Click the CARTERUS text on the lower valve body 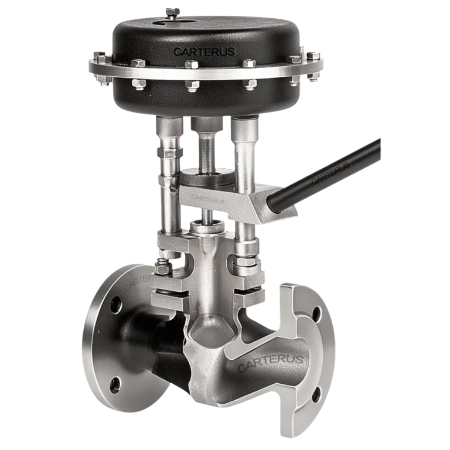tap(270, 363)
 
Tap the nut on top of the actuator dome tap(172, 11)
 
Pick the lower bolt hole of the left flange tap(116, 384)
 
